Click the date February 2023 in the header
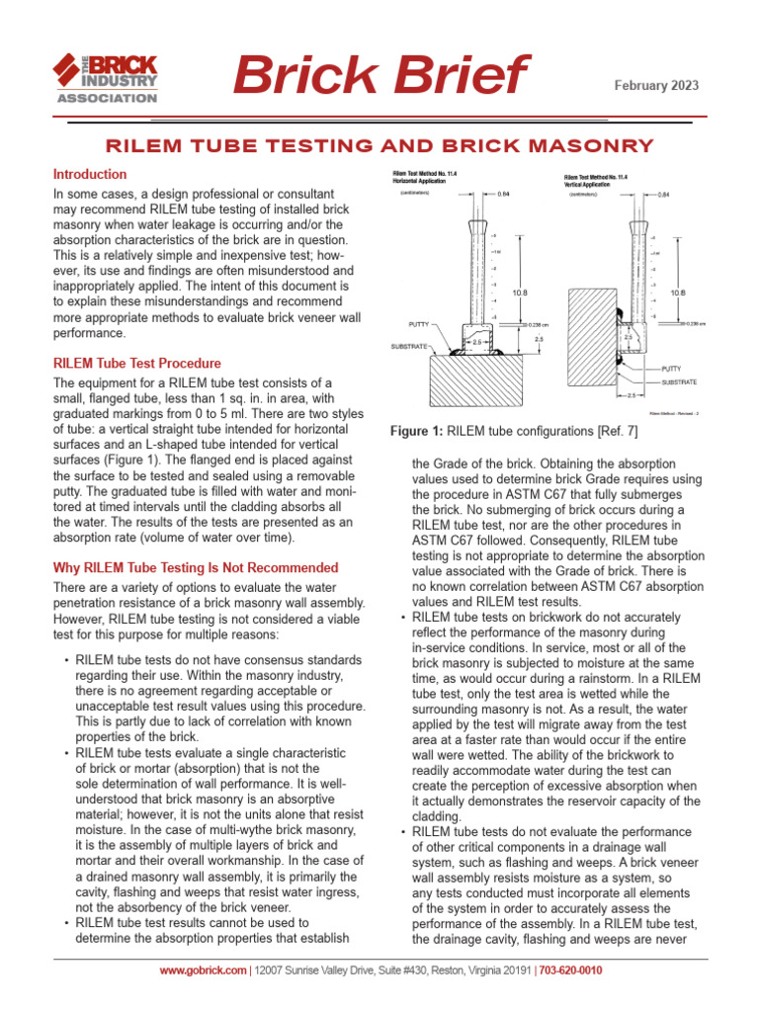point(656,86)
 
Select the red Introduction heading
point(90,174)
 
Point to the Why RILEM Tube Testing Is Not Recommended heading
point(195,568)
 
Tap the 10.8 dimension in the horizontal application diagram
point(520,294)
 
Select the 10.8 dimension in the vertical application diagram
point(677,294)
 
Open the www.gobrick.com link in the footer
point(203,970)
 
